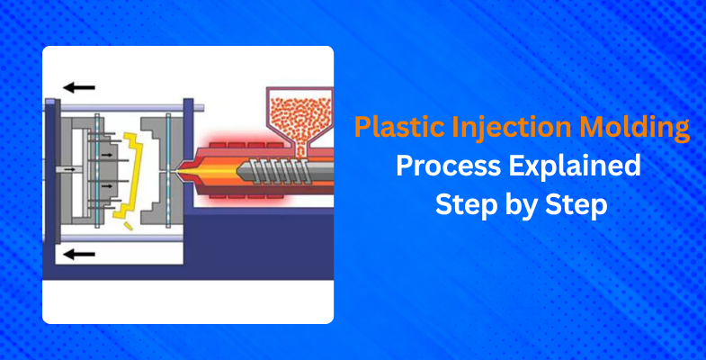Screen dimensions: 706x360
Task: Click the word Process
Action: point(448,166)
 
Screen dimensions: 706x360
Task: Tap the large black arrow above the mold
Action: point(79,87)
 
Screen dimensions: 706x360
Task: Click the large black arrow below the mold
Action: point(79,255)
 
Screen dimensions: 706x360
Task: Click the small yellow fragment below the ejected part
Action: point(129,226)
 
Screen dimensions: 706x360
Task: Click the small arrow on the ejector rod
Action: point(70,169)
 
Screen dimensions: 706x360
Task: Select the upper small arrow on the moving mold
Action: point(107,155)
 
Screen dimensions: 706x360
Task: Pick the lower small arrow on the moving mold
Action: point(107,185)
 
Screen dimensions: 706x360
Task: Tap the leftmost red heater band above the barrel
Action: point(219,145)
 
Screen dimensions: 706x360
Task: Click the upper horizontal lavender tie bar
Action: point(124,108)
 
